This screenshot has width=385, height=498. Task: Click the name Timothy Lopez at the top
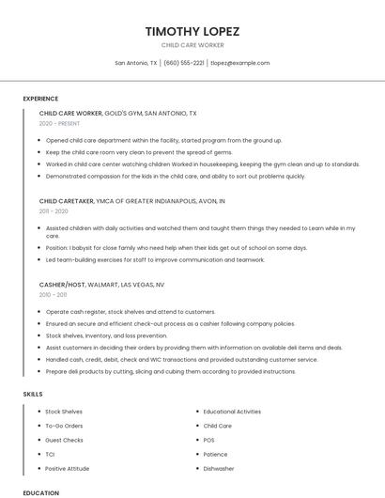click(x=192, y=31)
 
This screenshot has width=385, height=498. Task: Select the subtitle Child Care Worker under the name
click(x=192, y=45)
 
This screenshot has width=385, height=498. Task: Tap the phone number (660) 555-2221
click(x=183, y=63)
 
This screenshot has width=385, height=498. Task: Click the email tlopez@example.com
click(x=240, y=63)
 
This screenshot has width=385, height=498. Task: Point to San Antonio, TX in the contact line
click(x=136, y=63)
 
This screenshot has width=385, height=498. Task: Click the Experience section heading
click(x=40, y=99)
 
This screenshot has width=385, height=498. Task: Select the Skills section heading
click(x=32, y=394)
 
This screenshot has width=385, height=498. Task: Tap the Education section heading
click(x=40, y=492)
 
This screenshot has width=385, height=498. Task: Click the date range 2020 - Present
click(x=60, y=123)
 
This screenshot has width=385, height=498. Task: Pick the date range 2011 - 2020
click(x=54, y=211)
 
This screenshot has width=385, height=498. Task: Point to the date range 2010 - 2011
click(x=54, y=294)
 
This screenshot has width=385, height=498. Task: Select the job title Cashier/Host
click(x=62, y=284)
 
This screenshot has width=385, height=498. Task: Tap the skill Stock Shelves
click(x=64, y=412)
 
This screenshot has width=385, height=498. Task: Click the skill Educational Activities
click(x=232, y=412)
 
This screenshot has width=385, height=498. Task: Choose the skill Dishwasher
click(x=219, y=468)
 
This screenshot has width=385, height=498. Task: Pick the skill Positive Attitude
click(x=68, y=468)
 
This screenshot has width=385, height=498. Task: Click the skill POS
click(x=209, y=440)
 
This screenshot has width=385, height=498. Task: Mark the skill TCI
click(x=50, y=454)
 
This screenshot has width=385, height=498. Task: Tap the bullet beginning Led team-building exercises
click(x=155, y=259)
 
